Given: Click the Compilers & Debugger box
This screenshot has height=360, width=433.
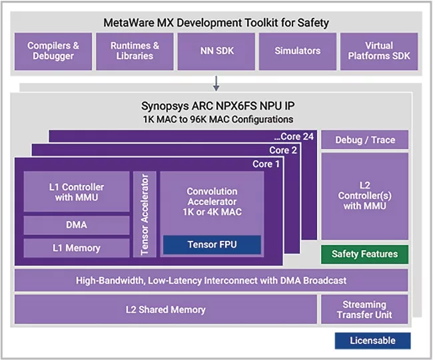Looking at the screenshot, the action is click(x=53, y=51).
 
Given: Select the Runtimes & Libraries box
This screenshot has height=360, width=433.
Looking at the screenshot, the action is click(x=135, y=51).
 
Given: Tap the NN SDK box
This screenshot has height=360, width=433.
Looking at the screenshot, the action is click(x=217, y=51).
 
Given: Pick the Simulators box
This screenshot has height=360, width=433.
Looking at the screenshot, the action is click(x=298, y=51).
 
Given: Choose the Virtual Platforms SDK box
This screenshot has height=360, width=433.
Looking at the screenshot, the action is click(x=379, y=51).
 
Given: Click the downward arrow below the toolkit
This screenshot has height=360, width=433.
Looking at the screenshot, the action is click(x=217, y=83).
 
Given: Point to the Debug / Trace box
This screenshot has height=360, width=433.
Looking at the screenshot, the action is click(x=364, y=140).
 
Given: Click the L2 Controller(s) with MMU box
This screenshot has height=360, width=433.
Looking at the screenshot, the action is click(x=364, y=196).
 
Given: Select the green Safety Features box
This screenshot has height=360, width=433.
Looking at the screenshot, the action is click(x=364, y=254).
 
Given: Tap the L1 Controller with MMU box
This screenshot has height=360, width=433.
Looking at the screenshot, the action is click(x=77, y=192).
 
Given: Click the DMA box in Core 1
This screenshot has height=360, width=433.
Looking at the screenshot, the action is click(x=77, y=225).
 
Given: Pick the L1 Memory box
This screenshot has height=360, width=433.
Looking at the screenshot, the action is click(x=77, y=248).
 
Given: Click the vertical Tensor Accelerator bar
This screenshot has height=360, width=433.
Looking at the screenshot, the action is click(x=145, y=214).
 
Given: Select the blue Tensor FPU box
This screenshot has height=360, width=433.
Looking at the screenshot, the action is click(x=212, y=244).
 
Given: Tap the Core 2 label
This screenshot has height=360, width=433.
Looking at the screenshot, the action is click(x=283, y=150).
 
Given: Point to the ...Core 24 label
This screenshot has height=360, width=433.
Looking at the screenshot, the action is click(x=294, y=136).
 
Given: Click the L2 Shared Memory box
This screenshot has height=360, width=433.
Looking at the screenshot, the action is click(x=166, y=309).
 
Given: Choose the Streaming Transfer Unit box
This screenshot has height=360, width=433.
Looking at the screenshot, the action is click(x=364, y=309).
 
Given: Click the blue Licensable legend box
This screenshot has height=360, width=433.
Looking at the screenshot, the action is click(x=373, y=341).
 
